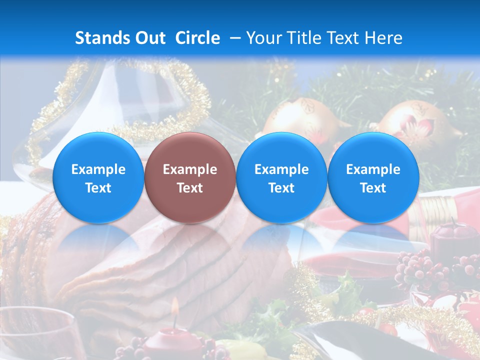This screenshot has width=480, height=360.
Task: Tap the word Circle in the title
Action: click(197, 38)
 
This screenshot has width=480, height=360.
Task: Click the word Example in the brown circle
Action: click(190, 169)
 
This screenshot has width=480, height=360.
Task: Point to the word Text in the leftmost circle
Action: click(98, 188)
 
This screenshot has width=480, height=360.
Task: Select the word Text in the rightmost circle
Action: click(373, 188)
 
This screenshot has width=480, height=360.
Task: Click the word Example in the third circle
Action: click(281, 169)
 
